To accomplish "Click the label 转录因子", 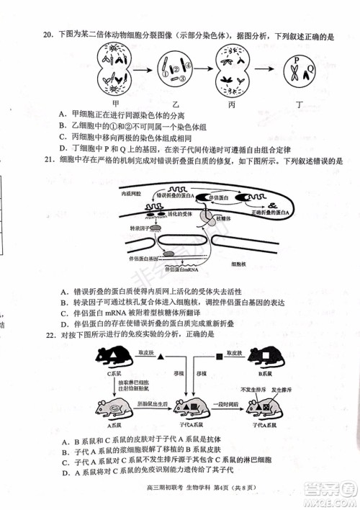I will [x=140, y=228].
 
